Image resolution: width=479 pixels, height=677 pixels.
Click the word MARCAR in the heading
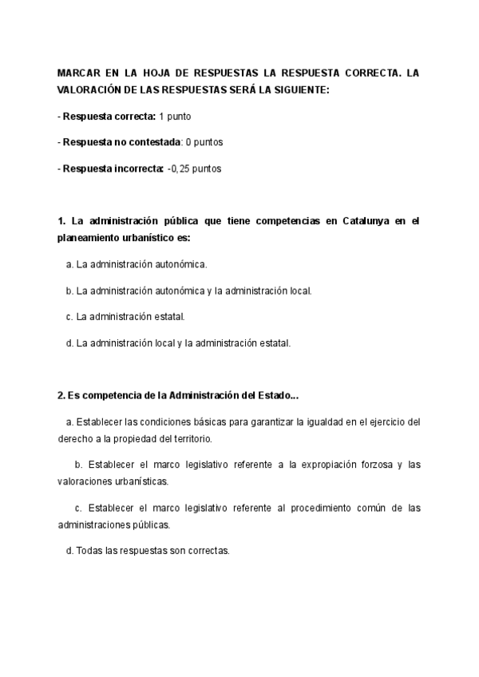pos(78,73)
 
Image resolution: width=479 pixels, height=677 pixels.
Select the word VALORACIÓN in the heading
pos(90,90)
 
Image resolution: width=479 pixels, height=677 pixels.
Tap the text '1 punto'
pos(174,117)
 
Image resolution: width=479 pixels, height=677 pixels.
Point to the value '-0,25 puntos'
pos(194,168)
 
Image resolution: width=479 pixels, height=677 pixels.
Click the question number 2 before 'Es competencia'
pos(61,395)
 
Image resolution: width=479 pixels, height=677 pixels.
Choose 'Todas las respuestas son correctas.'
pos(152,551)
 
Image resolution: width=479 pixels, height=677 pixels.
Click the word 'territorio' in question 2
pos(191,439)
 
